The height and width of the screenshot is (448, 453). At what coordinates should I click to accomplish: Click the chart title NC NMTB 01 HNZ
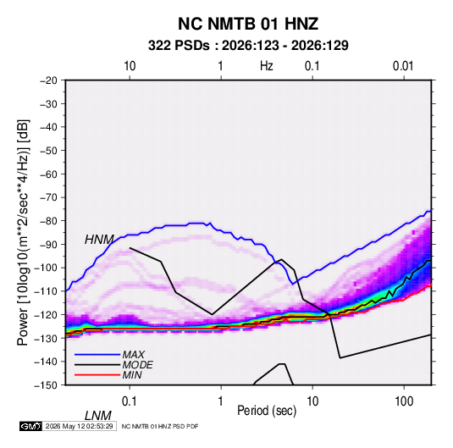pos(248,24)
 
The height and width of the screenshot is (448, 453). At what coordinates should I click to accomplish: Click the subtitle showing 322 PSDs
pos(248,46)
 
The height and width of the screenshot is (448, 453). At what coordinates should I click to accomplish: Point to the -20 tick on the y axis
pos(48,80)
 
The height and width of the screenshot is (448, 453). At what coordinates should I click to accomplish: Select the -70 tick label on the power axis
pos(48,197)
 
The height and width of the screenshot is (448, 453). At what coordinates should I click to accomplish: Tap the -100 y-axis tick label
pos(46,268)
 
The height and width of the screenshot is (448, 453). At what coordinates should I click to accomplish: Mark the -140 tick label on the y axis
pos(46,362)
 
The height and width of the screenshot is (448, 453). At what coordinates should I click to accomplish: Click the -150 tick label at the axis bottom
pos(46,385)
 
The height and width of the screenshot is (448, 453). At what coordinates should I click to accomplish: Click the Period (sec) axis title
pos(267,411)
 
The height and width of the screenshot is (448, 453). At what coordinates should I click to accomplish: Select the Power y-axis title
pos(23,232)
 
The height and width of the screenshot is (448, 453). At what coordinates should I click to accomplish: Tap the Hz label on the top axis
pos(267,66)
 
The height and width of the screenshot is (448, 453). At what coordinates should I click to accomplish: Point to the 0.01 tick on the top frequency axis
pos(403,66)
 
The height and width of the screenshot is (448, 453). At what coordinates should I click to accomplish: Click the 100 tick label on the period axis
pos(404,401)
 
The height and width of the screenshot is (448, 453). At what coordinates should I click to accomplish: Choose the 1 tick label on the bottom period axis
pos(221,401)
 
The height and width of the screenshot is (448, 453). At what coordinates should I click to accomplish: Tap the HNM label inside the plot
pos(99,240)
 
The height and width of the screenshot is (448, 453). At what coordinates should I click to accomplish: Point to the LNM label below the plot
pos(98,416)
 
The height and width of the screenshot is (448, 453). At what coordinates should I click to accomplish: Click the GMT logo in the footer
pos(31,426)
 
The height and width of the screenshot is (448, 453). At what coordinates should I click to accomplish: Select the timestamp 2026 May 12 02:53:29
pos(79,426)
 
